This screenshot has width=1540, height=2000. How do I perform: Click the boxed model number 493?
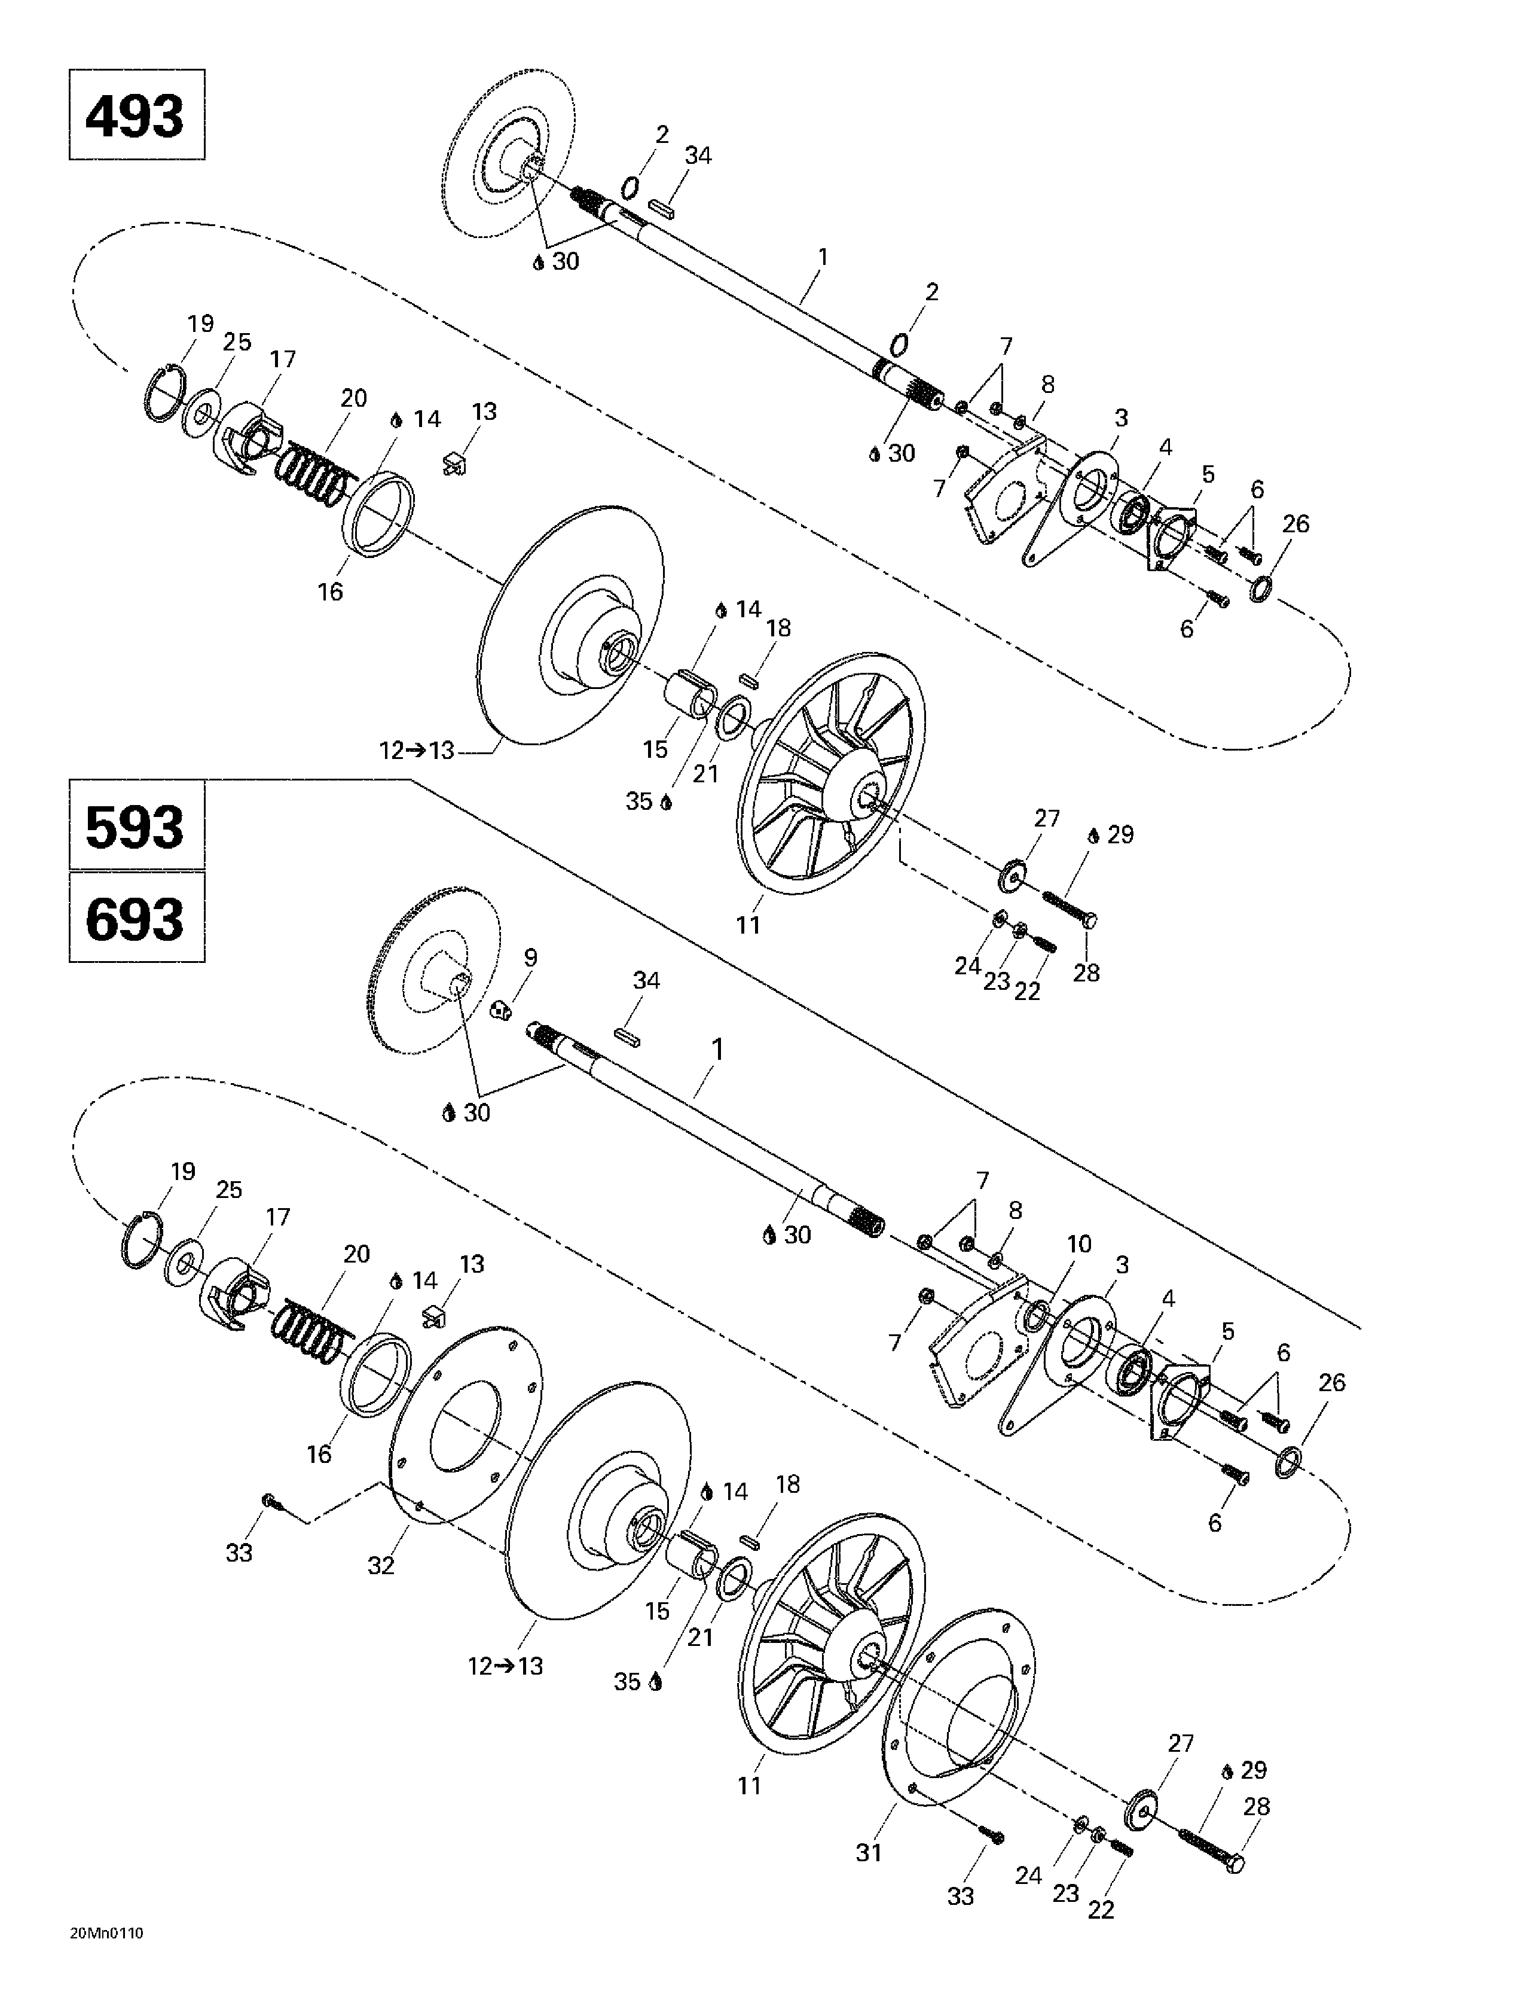click(x=136, y=115)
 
